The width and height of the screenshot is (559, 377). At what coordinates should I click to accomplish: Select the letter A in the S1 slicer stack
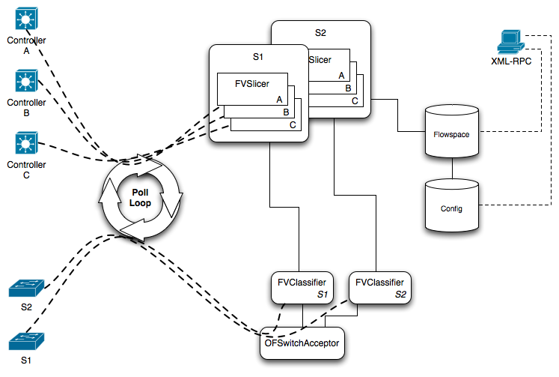pos(278,99)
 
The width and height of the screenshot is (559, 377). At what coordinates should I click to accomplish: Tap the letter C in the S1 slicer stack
pos(293,125)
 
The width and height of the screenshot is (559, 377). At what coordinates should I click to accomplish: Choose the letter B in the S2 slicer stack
pos(348,88)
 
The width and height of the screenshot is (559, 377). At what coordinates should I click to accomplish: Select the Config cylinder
pos(451,207)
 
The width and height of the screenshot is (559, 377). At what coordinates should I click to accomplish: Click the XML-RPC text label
pos(512,62)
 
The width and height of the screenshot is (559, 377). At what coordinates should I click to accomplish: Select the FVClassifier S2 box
pos(382,288)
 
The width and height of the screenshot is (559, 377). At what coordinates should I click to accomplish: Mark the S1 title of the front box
pos(258,56)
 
